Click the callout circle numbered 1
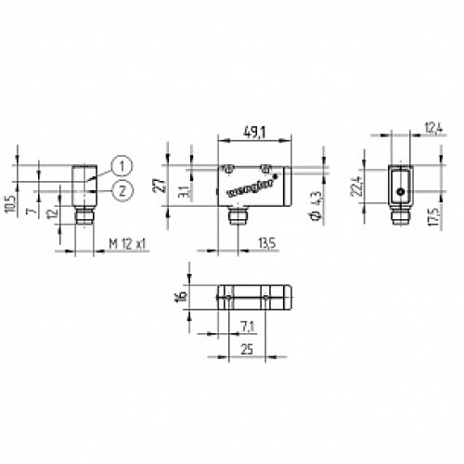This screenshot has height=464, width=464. (119, 167)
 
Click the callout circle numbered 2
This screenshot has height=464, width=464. (119, 190)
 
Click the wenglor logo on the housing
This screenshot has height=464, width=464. (243, 189)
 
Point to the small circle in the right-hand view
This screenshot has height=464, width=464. (400, 191)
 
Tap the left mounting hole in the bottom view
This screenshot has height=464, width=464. (225, 297)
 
